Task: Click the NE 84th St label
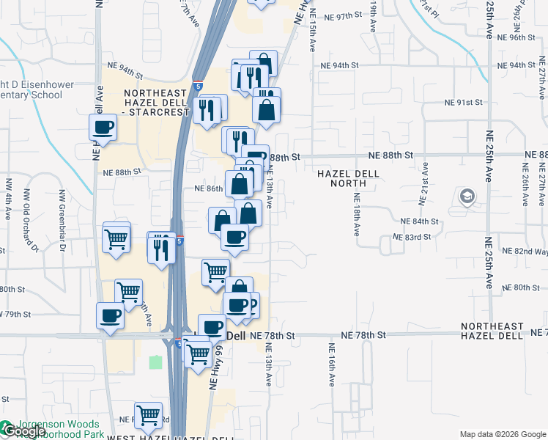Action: click(419, 221)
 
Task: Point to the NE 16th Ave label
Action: click(331, 365)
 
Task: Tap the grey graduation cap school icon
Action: click(467, 197)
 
